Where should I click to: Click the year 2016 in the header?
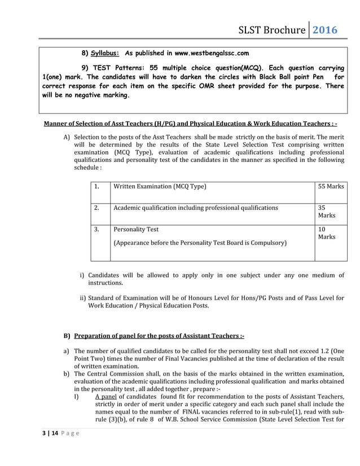pos(325,29)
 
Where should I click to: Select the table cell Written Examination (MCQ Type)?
pos(160,186)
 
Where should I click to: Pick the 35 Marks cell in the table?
pos(326,212)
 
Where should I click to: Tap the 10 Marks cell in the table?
pos(326,233)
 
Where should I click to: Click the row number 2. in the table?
pos(98,208)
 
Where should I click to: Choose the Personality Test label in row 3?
pos(136,230)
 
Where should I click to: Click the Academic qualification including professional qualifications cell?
pos(196,208)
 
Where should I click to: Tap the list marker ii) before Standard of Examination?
pos(82,297)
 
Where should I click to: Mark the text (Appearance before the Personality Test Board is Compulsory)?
pos(200,243)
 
